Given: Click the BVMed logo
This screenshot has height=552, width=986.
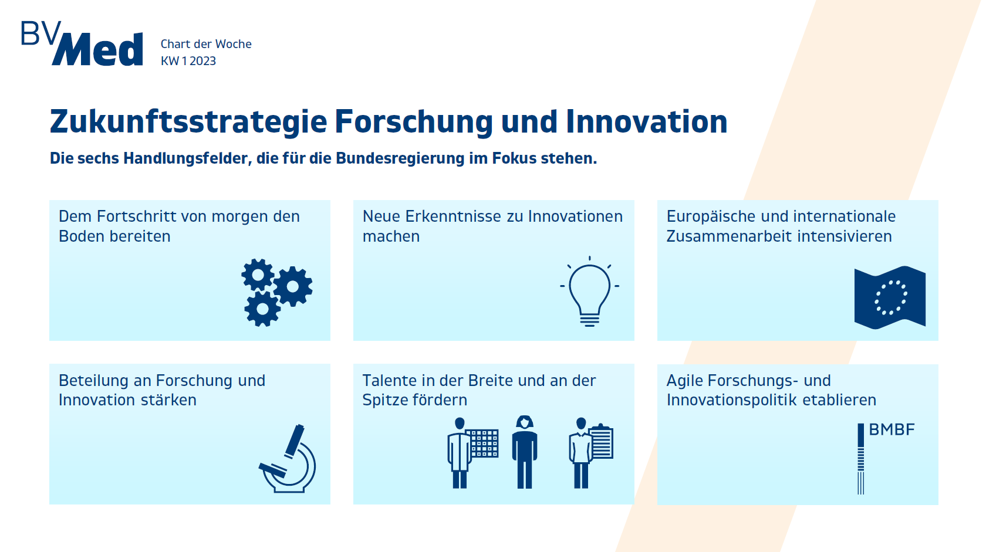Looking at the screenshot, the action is [82, 43].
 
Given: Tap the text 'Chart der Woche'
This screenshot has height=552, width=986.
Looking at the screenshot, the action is [206, 44].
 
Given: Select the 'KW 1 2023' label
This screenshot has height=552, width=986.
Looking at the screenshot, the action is [188, 60].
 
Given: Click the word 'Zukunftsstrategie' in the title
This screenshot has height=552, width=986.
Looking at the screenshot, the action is [188, 122].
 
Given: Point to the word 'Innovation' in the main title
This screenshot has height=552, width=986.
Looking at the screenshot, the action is [647, 121].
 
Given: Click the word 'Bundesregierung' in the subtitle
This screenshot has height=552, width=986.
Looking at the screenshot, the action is [400, 158].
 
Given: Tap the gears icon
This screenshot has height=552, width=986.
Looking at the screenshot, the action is [277, 293].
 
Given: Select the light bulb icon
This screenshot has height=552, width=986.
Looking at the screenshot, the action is [589, 291].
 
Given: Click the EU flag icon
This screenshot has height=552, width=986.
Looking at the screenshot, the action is [890, 298].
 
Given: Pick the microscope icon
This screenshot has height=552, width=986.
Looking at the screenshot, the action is [288, 458].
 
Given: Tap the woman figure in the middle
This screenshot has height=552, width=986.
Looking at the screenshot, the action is [525, 452].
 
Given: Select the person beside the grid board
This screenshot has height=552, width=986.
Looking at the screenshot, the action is [460, 453].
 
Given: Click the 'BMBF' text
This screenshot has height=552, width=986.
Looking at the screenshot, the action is [892, 429].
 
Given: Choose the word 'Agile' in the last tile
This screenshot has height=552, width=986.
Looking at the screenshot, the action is [684, 381].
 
